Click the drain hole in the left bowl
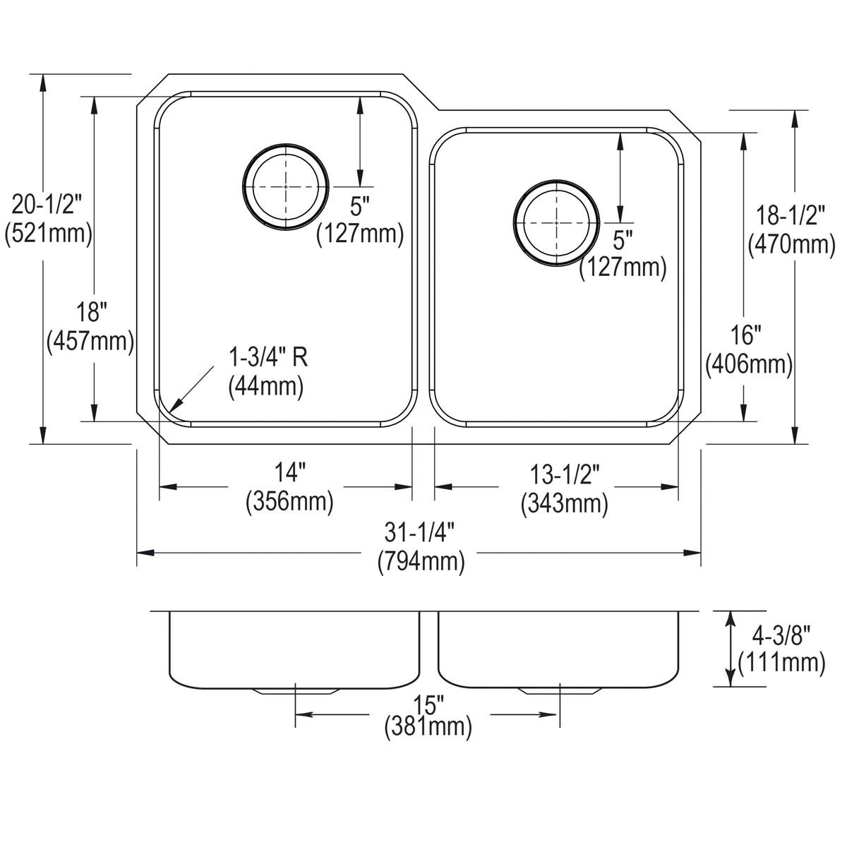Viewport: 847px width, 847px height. click(x=286, y=187)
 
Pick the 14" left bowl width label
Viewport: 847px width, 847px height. click(x=289, y=471)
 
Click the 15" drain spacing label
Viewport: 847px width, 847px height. click(x=428, y=704)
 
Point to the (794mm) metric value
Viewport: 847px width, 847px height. click(x=421, y=562)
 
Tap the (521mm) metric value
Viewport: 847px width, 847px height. click(x=48, y=233)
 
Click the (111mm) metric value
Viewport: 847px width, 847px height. click(x=781, y=663)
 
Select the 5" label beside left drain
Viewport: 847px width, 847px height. click(x=360, y=206)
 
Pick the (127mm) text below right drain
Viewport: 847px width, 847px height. click(x=623, y=268)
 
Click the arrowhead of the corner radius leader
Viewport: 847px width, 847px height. click(x=176, y=405)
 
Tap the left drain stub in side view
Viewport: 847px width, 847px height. click(x=294, y=691)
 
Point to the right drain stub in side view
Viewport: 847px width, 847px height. click(x=560, y=691)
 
